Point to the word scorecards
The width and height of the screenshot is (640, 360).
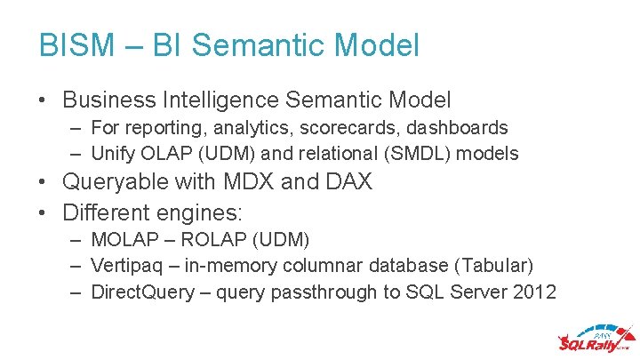point(342,128)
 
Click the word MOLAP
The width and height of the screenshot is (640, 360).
point(124,241)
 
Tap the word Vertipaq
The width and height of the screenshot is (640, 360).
point(126,266)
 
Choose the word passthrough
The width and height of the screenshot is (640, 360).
point(342,292)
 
